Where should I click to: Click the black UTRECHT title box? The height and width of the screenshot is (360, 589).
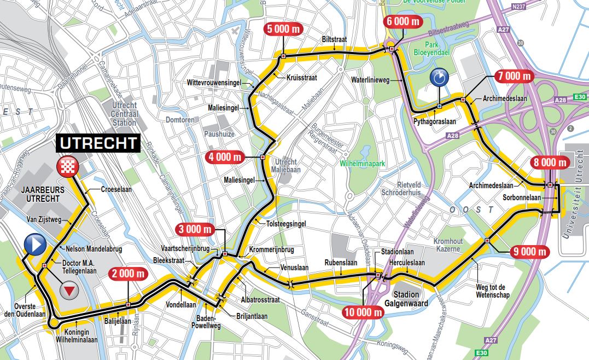coord(98,144)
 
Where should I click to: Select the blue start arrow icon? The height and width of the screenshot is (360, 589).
coord(35,245)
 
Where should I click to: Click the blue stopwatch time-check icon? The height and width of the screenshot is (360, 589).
coord(439,78)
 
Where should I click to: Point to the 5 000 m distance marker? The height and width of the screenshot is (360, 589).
coord(284,30)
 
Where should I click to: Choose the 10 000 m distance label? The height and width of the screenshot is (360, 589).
coord(363,313)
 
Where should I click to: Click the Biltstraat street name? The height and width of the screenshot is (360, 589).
coord(335,40)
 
